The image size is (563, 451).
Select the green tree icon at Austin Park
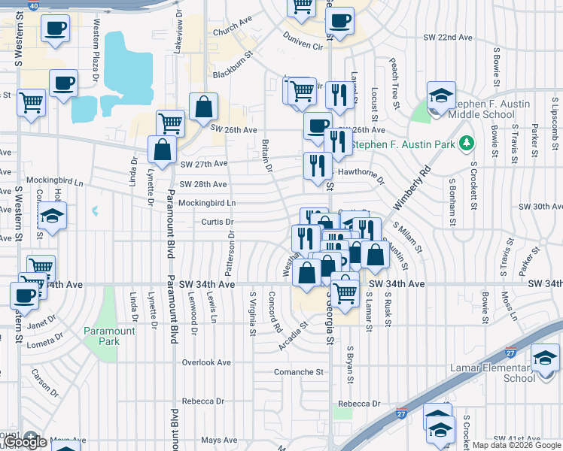467,142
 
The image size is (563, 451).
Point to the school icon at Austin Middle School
441,95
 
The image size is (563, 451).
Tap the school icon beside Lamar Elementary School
545,359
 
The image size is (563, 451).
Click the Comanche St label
298,372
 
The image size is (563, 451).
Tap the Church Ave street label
230,33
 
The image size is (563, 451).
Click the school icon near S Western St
52,216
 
